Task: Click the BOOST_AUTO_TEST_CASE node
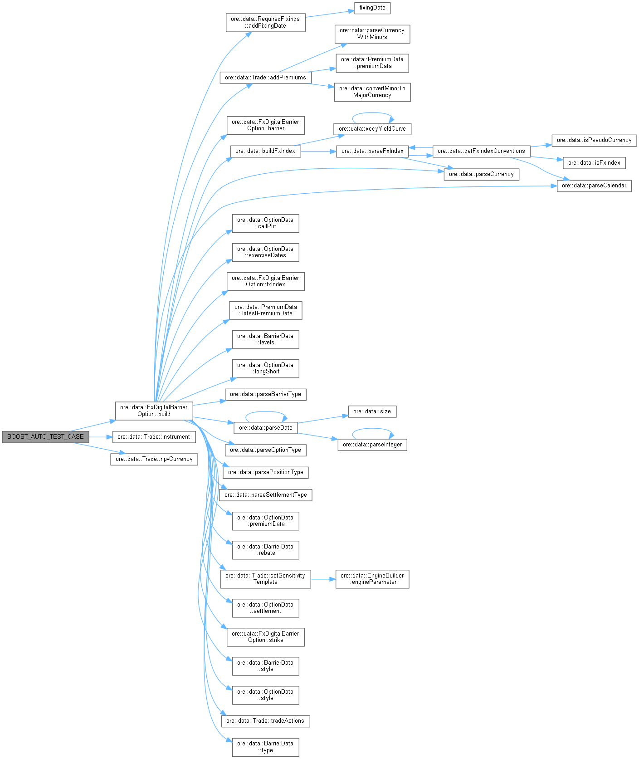pyautogui.click(x=45, y=437)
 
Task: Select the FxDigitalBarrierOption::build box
pyautogui.click(x=154, y=411)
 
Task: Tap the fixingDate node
pyautogui.click(x=372, y=8)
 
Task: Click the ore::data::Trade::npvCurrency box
pyautogui.click(x=154, y=459)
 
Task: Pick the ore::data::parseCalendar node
pyautogui.click(x=594, y=186)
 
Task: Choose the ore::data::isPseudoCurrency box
pyautogui.click(x=594, y=140)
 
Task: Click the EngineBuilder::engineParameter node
pyautogui.click(x=372, y=579)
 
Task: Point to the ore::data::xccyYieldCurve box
pyautogui.click(x=372, y=129)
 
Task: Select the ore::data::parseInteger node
pyautogui.click(x=372, y=445)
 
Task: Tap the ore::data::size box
pyautogui.click(x=372, y=411)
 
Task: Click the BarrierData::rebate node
pyautogui.click(x=265, y=550)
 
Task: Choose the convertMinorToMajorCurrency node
pyautogui.click(x=372, y=92)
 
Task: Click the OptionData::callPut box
pyautogui.click(x=265, y=223)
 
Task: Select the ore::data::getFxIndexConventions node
pyautogui.click(x=481, y=151)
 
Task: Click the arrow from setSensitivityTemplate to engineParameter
pyautogui.click(x=323, y=579)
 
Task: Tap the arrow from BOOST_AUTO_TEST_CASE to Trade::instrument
pyautogui.click(x=100, y=437)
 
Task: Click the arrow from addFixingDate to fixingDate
pyautogui.click(x=330, y=14)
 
